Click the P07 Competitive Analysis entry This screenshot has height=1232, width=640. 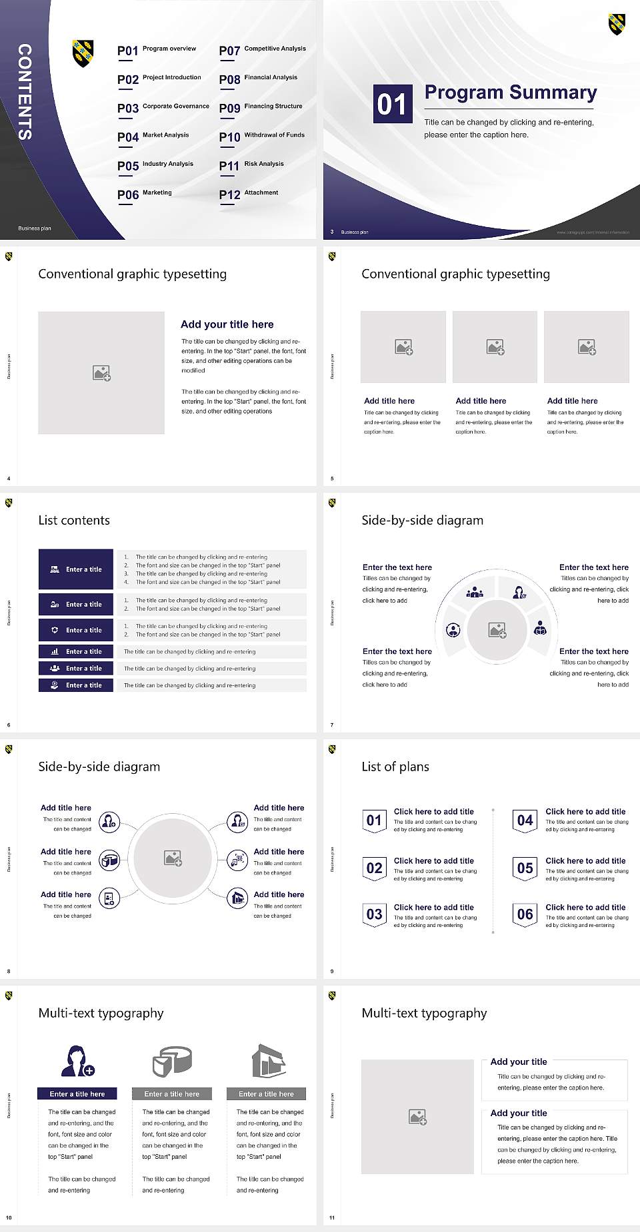click(x=262, y=50)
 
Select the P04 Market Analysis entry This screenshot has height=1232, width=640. click(x=154, y=137)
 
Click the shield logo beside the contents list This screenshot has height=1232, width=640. click(x=83, y=53)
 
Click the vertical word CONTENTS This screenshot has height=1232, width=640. click(x=24, y=92)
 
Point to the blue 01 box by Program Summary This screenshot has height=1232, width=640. click(x=392, y=104)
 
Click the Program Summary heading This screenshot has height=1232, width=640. click(x=510, y=93)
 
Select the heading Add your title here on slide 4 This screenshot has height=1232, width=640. click(x=227, y=324)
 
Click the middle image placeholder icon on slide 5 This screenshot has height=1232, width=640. click(x=495, y=347)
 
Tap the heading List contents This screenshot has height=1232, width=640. click(x=74, y=520)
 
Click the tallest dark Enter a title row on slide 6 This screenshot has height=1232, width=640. click(x=76, y=569)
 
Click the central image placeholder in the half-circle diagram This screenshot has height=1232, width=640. click(x=497, y=630)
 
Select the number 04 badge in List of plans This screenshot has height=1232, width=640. click(x=525, y=820)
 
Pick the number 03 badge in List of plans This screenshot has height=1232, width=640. click(x=374, y=914)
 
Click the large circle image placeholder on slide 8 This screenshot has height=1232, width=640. click(x=173, y=858)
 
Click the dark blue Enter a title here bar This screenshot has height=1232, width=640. click(x=77, y=1093)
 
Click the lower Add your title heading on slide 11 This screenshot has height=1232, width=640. click(x=519, y=1113)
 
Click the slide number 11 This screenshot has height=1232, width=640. click(x=332, y=1218)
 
